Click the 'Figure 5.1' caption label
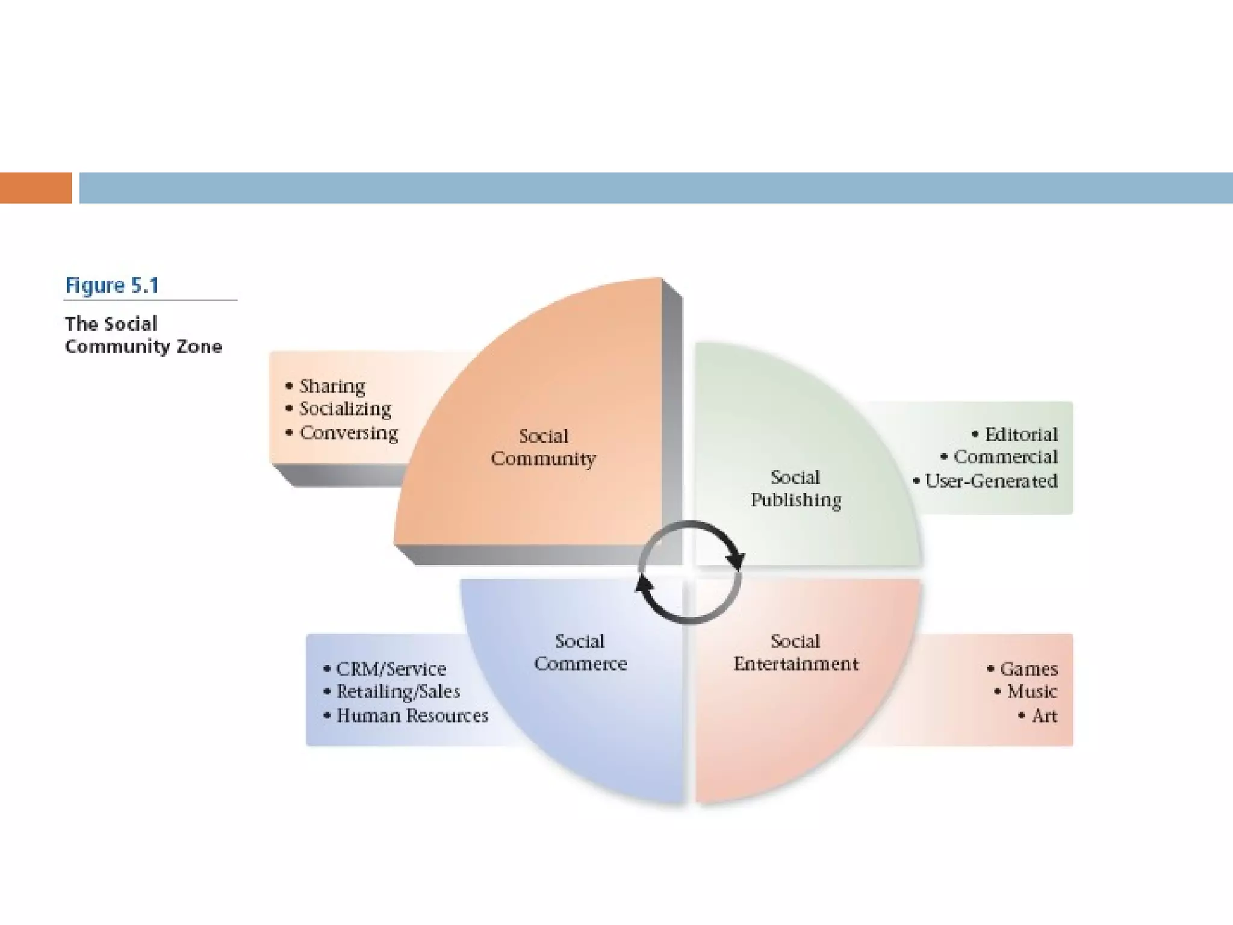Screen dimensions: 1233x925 112,285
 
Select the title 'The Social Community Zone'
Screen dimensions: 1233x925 143,335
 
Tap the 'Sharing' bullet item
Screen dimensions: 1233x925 332,386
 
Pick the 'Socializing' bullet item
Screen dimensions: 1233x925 345,409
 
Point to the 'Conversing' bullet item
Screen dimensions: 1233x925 349,432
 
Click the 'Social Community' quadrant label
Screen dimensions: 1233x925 543,447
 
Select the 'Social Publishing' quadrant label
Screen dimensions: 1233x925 795,488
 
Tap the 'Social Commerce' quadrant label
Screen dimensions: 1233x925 580,652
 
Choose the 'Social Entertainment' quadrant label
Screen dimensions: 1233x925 795,652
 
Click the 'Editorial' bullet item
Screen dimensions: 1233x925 1021,434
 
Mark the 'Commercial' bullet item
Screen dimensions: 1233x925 1005,457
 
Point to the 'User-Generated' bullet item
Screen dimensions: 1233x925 991,481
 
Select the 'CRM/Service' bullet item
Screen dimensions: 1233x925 391,668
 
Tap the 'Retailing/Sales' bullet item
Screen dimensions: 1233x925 398,691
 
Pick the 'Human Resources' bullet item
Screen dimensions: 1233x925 412,715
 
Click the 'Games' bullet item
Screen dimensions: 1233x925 1029,668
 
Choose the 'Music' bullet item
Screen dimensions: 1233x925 1032,691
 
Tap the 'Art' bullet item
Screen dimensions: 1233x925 1045,715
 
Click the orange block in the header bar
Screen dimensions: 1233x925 36,188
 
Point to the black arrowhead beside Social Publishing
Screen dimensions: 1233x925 735,560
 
